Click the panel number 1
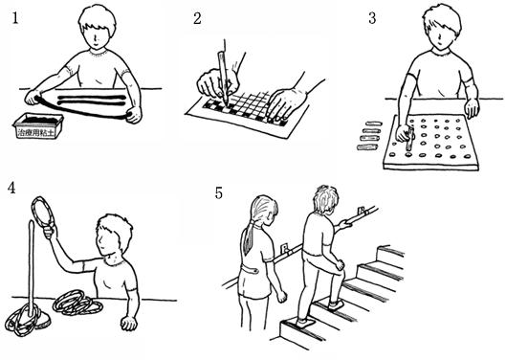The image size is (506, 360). tap(15, 18)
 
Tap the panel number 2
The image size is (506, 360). tap(197, 18)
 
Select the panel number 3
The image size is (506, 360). tap(372, 18)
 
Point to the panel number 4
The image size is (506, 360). tap(11, 188)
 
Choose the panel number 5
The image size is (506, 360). tap(219, 193)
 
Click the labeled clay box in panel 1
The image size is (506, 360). tap(38, 125)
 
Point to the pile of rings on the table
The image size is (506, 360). tap(77, 303)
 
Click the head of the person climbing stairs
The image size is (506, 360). tap(325, 199)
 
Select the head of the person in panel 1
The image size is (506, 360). tap(97, 27)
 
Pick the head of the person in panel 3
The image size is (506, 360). tap(442, 28)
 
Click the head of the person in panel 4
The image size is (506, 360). tap(114, 235)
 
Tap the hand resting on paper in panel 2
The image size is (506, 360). tap(285, 104)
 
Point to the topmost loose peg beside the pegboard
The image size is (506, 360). tap(372, 124)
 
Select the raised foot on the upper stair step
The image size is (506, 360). tap(336, 305)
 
